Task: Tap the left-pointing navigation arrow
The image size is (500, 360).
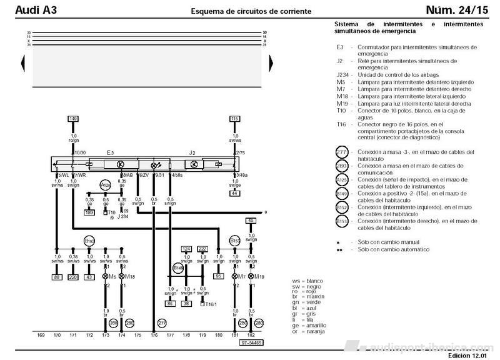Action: [23, 59]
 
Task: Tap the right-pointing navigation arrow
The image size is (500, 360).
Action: [270, 59]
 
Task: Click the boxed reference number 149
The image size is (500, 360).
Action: [73, 118]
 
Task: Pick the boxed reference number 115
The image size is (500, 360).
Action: [235, 118]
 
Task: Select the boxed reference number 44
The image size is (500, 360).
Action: [235, 193]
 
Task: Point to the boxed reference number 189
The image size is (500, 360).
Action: [89, 212]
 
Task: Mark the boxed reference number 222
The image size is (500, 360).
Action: [202, 249]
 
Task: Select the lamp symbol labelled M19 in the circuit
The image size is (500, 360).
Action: [251, 276]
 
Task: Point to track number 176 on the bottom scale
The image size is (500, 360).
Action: [154, 336]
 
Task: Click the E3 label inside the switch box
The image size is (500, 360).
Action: [110, 152]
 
